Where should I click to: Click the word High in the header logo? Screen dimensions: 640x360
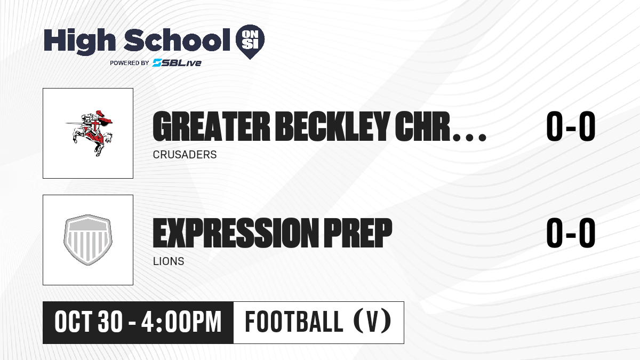point(79,42)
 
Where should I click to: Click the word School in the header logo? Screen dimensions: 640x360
point(177,40)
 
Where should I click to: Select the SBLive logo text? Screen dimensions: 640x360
point(177,63)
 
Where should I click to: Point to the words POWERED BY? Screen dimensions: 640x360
point(130,63)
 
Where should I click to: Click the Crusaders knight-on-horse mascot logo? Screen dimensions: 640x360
point(89,133)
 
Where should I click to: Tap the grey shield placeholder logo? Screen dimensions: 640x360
point(88,240)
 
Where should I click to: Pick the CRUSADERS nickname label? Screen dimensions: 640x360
point(185,155)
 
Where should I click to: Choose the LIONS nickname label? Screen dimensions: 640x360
point(169,261)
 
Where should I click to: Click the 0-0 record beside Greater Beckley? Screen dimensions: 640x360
point(571,126)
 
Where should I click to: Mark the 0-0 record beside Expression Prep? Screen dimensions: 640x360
point(571,233)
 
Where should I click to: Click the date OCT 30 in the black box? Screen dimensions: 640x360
point(89,322)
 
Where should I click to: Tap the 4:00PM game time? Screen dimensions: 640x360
point(181,322)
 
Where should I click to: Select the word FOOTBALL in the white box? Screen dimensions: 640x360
point(294,322)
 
